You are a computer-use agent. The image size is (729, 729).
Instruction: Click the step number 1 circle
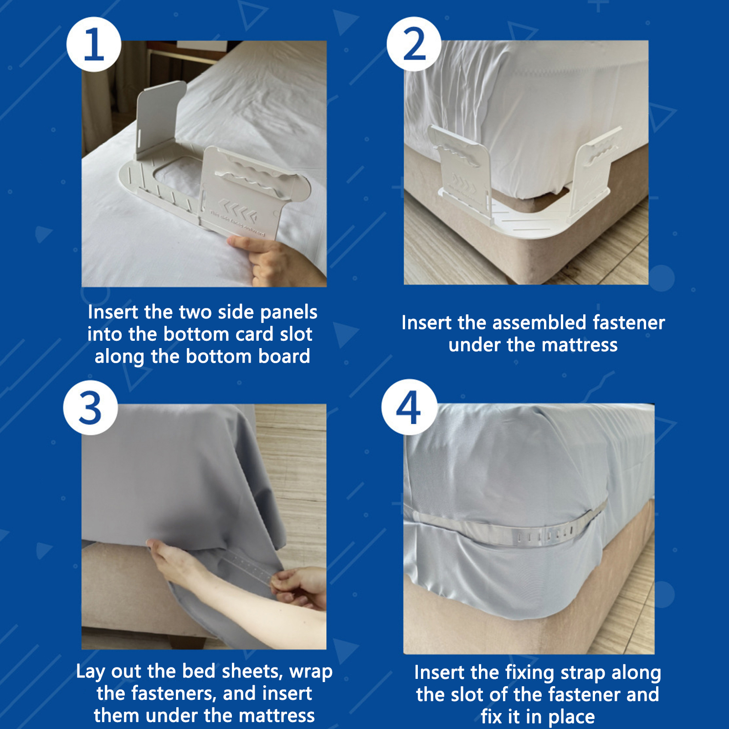click(94, 44)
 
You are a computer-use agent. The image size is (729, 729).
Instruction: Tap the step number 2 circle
click(414, 44)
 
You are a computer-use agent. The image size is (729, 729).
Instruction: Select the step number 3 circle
click(91, 407)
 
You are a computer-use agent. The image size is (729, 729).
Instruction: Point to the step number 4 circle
click(409, 407)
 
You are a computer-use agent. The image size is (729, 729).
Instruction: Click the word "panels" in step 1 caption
click(288, 313)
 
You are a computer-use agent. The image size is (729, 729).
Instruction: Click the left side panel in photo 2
click(460, 169)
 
